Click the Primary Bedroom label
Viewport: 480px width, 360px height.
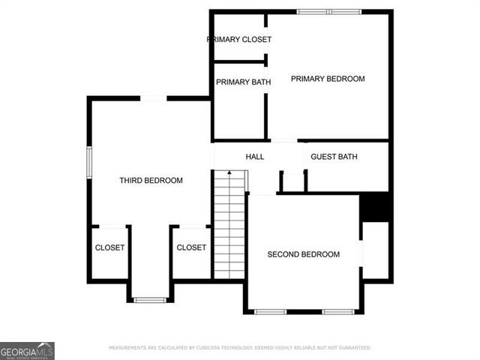click(x=328, y=79)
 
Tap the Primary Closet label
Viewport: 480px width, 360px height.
click(x=239, y=39)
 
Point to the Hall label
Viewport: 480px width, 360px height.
click(x=255, y=157)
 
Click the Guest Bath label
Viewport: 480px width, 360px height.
click(x=334, y=157)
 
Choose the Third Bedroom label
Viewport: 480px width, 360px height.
click(x=151, y=180)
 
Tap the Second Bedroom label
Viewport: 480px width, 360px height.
click(x=303, y=254)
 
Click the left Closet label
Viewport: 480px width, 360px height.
click(x=109, y=247)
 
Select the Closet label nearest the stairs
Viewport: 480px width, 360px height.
click(x=191, y=247)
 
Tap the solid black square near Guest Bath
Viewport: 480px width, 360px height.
click(x=376, y=207)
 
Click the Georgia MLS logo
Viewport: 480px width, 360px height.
click(x=27, y=350)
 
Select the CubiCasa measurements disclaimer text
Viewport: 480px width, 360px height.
click(x=239, y=348)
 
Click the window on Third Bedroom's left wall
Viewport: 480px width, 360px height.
click(x=89, y=162)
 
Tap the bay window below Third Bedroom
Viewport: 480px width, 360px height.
click(x=150, y=300)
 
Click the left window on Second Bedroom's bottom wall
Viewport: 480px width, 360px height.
click(x=270, y=311)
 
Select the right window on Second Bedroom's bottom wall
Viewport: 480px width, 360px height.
click(x=338, y=311)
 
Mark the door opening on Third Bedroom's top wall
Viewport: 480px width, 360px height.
click(x=153, y=98)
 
